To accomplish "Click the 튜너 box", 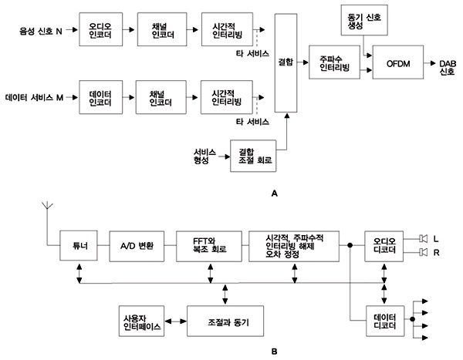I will click(76, 246).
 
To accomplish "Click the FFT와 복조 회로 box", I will click(208, 245).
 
